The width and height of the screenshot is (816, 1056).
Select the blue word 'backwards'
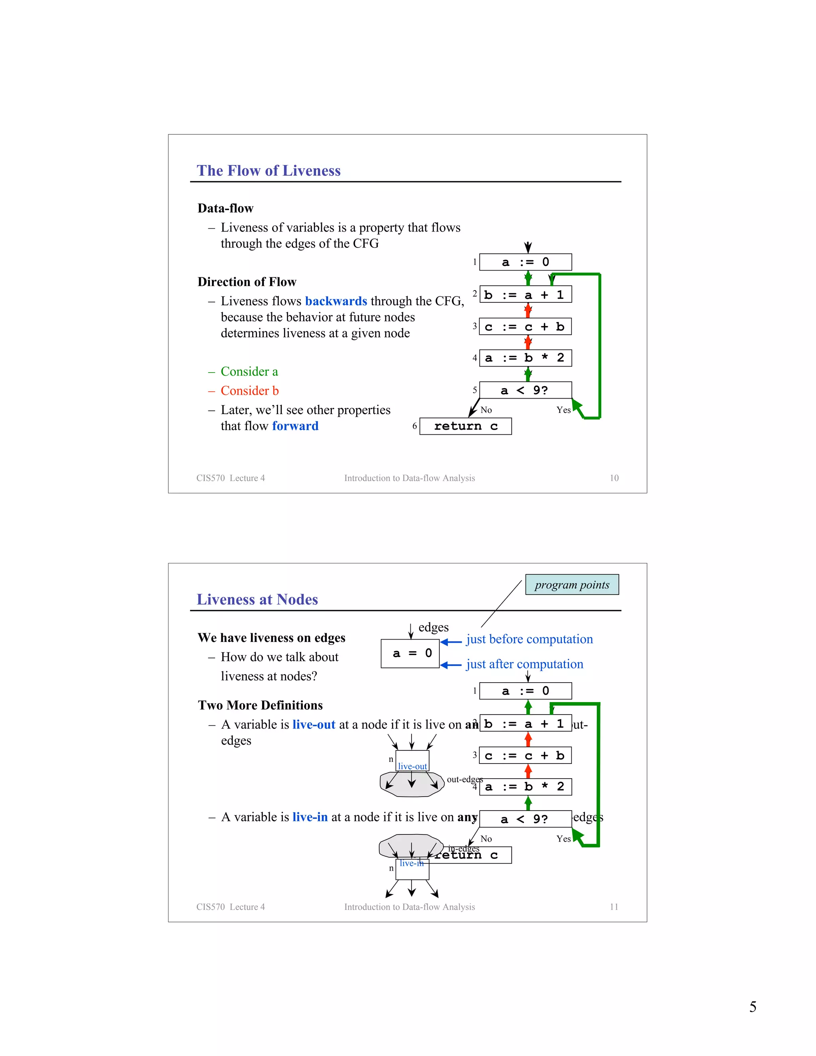tap(336, 301)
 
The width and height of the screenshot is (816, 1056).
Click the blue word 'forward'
tap(295, 426)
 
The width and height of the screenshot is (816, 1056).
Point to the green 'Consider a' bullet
tap(249, 371)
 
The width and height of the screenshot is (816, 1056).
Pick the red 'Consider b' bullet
tap(249, 391)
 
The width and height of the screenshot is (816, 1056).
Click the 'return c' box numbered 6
tap(465, 426)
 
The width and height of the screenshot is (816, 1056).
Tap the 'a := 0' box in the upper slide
tap(525, 262)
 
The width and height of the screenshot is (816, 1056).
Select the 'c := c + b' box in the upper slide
tap(525, 326)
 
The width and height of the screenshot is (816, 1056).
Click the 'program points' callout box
tap(572, 585)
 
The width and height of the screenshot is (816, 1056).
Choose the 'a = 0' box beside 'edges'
tap(410, 653)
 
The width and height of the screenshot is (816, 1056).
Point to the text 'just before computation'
tap(530, 639)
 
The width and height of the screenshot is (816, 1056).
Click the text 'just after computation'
tap(524, 664)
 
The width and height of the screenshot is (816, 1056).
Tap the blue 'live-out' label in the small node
tap(412, 766)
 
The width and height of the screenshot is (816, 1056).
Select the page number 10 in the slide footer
tap(614, 478)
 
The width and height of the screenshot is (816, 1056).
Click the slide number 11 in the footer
tap(614, 907)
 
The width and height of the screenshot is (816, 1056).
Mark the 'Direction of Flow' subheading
tap(247, 282)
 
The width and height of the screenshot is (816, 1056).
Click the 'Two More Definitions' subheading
tap(260, 705)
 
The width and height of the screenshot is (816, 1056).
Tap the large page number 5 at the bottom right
tap(753, 1007)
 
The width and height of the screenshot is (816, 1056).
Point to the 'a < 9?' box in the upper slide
tap(525, 390)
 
